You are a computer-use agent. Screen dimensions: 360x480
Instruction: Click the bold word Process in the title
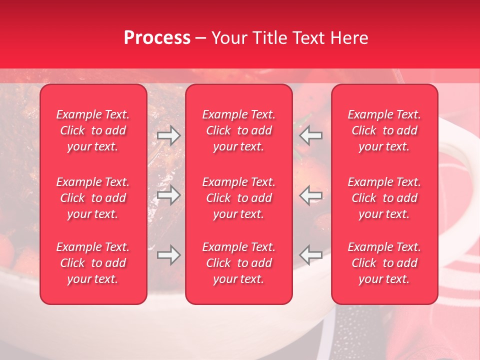click(x=157, y=38)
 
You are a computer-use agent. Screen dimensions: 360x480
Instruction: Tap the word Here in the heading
click(x=348, y=38)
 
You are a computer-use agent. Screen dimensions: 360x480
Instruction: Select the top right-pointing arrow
click(x=168, y=135)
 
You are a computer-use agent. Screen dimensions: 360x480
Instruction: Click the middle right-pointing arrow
click(x=168, y=195)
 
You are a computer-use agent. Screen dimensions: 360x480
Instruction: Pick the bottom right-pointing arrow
click(x=168, y=255)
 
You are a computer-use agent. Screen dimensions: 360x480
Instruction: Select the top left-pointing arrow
click(x=311, y=135)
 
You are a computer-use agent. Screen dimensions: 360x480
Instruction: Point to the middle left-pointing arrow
click(x=311, y=195)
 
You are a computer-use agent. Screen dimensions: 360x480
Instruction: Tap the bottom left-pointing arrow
click(x=311, y=255)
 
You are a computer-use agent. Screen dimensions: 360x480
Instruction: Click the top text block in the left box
click(x=93, y=130)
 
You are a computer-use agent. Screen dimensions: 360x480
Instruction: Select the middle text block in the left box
click(x=93, y=198)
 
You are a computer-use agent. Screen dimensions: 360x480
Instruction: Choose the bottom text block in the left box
click(x=93, y=263)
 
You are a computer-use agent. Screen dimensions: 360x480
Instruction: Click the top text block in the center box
click(x=239, y=130)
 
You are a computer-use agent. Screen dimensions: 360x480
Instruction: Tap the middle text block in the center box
click(x=239, y=198)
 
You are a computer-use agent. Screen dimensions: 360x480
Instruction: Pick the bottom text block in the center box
click(x=239, y=263)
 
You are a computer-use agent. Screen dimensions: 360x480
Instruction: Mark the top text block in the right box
click(x=384, y=130)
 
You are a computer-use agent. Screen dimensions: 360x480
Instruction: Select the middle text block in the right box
click(x=384, y=198)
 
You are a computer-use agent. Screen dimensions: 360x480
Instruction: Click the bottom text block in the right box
click(x=384, y=263)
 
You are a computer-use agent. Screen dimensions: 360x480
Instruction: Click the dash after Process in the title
click(x=201, y=38)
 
